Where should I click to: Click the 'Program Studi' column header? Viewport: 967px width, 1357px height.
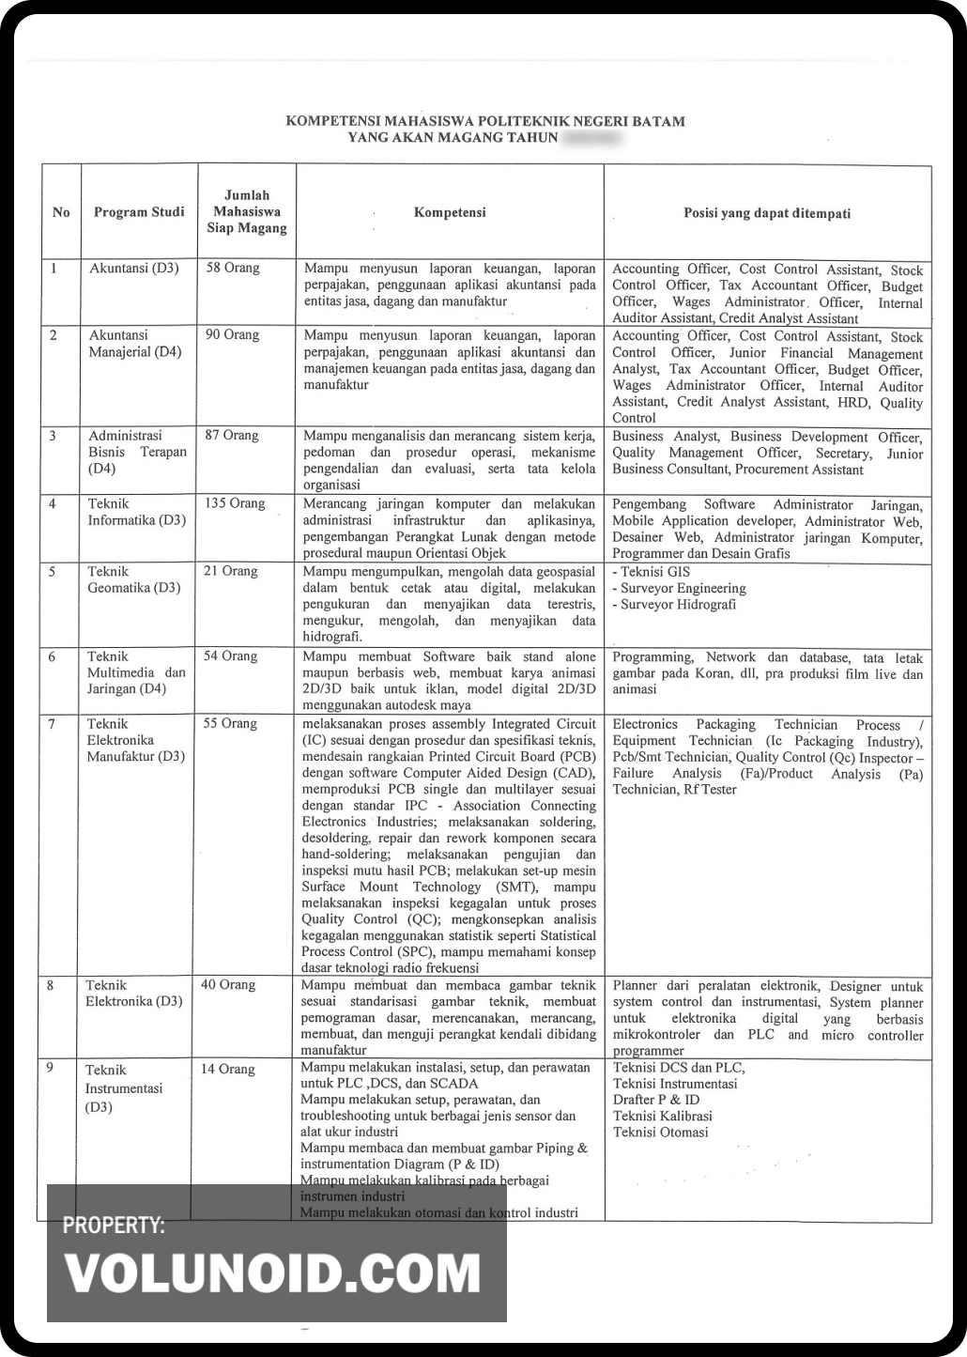[x=139, y=212]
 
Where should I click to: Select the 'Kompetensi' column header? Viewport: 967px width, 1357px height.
[x=450, y=212]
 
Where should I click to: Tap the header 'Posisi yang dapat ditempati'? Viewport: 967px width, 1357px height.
[x=767, y=213]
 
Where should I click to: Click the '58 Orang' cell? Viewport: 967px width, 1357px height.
[x=233, y=268]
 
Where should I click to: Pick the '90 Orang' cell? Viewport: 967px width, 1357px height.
[x=233, y=334]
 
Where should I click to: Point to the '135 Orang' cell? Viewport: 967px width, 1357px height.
[x=235, y=503]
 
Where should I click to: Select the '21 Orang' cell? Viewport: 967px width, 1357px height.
[x=231, y=571]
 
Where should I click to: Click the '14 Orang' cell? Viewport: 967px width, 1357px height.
[x=228, y=1069]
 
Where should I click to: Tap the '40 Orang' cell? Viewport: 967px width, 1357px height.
[x=228, y=984]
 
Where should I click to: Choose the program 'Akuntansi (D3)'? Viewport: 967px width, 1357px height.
[x=134, y=268]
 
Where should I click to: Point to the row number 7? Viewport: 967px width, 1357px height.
[x=52, y=723]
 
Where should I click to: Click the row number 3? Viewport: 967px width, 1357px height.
[x=53, y=435]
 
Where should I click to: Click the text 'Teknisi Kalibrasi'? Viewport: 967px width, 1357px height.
[x=662, y=1116]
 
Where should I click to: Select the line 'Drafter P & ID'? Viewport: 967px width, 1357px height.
[x=656, y=1100]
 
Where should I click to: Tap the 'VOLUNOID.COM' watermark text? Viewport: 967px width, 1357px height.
[x=272, y=1274]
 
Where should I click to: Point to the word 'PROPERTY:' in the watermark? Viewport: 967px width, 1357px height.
[x=114, y=1226]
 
